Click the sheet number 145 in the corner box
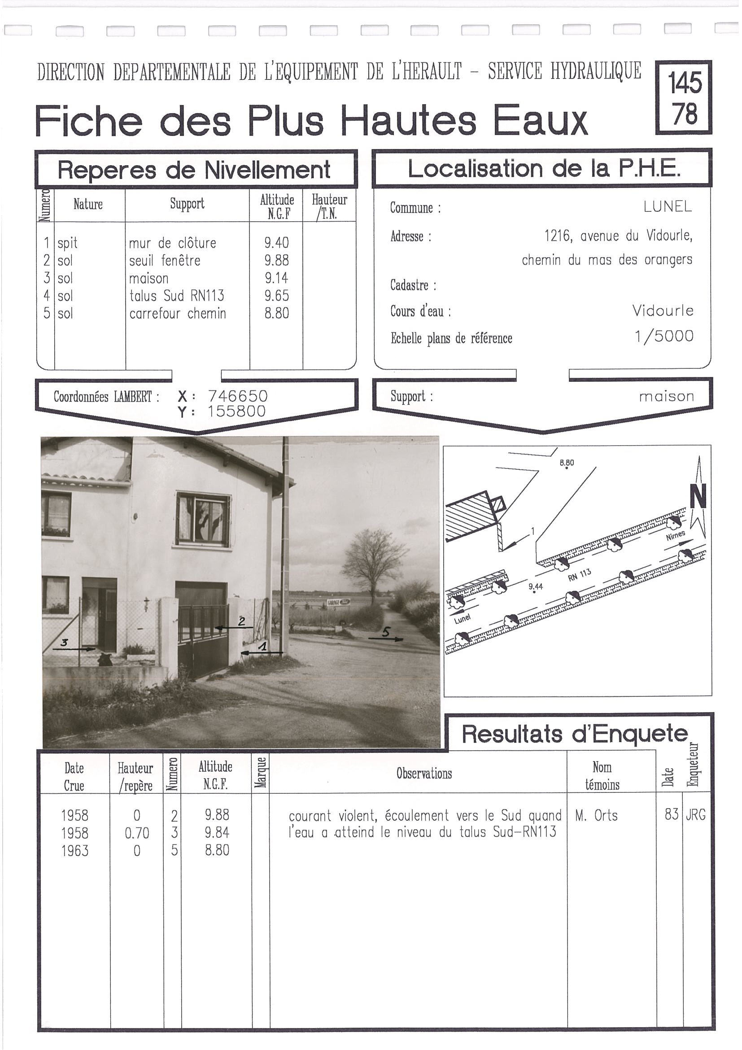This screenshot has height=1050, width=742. point(685,83)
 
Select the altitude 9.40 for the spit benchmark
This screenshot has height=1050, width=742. point(277,243)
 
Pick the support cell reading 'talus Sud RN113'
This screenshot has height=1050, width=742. point(176,296)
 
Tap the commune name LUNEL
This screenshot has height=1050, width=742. point(668,207)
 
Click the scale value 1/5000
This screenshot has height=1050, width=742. point(664,337)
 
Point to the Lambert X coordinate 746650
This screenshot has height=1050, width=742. point(238,396)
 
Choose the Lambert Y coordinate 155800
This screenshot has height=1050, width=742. point(236,411)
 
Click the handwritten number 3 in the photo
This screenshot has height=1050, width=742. point(65,643)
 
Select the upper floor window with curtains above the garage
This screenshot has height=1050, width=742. point(203,520)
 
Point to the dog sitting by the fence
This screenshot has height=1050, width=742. point(105,659)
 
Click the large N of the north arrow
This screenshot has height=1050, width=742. point(698,497)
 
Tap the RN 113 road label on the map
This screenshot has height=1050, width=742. point(579,575)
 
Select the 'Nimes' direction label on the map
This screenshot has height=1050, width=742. point(675,535)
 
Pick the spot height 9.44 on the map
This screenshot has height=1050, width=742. point(535,586)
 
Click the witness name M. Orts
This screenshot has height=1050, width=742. point(596,815)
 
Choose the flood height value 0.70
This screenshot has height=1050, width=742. point(137,833)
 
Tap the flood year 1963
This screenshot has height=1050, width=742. point(74,851)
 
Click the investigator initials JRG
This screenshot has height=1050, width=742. point(695,814)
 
